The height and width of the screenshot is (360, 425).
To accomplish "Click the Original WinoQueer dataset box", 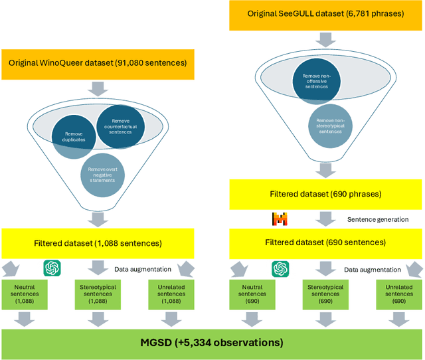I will coord(98,63).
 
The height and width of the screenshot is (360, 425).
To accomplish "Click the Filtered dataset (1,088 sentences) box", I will coord(98,242).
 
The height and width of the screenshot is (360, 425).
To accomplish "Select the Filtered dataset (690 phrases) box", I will coord(325,195).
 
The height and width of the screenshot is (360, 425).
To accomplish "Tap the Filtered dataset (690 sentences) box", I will coord(325,242).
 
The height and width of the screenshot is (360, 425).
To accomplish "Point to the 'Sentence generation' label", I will coord(378,219).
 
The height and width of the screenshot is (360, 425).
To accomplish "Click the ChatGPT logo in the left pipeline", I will coord(52,268).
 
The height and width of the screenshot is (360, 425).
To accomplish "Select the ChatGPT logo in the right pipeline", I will coord(280,268).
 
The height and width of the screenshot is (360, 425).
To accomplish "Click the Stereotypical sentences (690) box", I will coord(325,294).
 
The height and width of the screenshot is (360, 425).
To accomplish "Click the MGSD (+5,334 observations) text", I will coord(211,343).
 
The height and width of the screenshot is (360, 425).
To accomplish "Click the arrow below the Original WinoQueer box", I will coord(98,88).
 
